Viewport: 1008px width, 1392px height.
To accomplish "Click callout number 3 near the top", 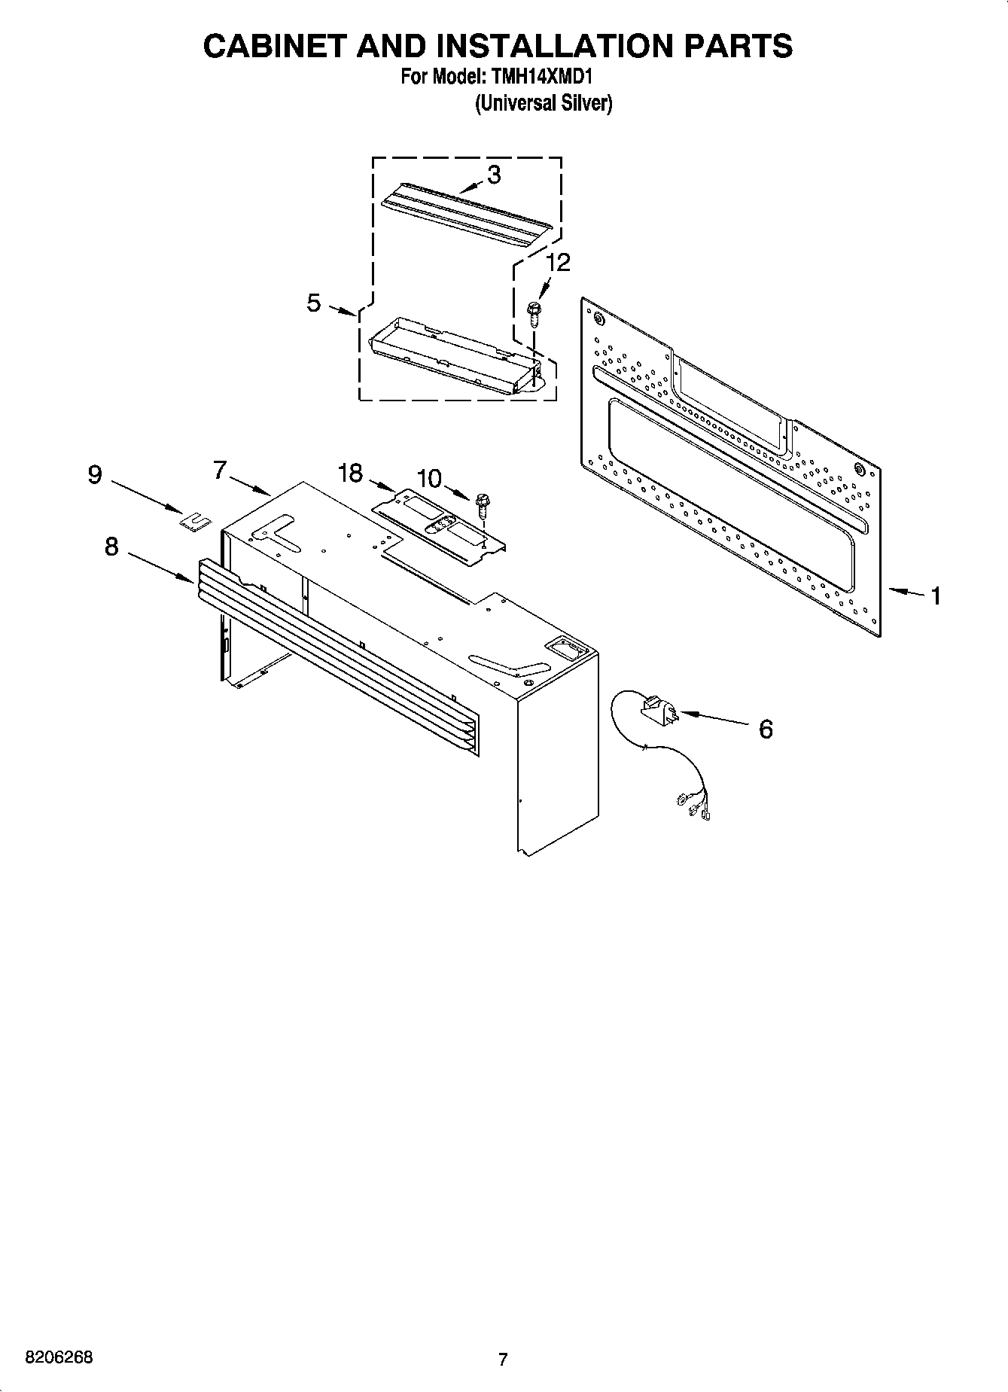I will tap(494, 175).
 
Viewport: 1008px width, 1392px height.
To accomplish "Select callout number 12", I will tap(558, 263).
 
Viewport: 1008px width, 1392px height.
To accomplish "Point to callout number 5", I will tap(314, 303).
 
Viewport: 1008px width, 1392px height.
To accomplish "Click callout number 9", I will tap(95, 475).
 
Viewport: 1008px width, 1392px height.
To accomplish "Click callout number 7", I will tap(219, 470).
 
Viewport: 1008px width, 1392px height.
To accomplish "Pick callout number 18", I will tap(350, 474).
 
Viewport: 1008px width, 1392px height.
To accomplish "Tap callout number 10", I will tap(429, 478).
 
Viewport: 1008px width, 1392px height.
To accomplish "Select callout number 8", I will tap(111, 547).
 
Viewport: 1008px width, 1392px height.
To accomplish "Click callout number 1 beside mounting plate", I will tap(935, 596).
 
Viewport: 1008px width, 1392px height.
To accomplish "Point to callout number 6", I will tap(766, 729).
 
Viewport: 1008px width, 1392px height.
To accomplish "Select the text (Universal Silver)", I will tap(543, 104).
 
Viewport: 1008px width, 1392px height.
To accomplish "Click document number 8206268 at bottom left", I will tap(59, 1357).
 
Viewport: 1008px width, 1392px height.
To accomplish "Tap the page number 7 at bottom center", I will tap(503, 1360).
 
